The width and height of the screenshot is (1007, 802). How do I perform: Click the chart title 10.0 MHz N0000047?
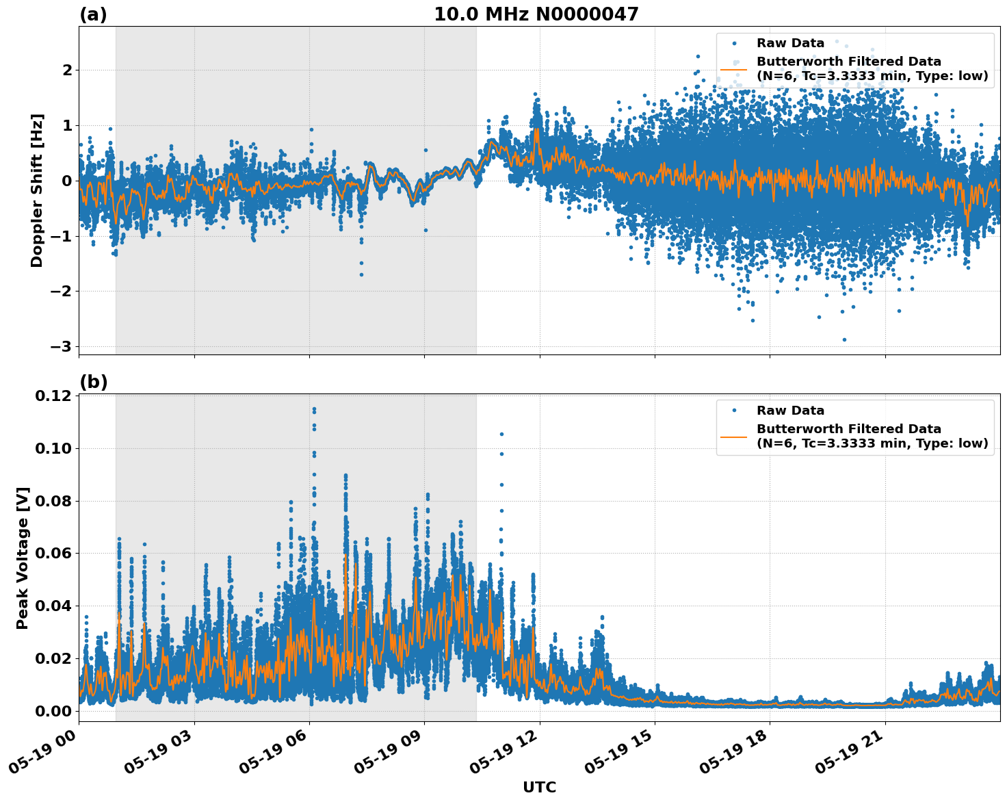tap(536, 14)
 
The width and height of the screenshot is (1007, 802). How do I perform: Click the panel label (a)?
tap(93, 14)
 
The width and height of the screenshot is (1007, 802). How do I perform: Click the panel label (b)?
tap(93, 382)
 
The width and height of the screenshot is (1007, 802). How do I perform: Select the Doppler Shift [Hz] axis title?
tap(37, 190)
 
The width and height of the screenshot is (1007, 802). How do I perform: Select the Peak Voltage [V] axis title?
tap(23, 558)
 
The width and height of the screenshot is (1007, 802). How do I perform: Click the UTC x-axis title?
tap(539, 787)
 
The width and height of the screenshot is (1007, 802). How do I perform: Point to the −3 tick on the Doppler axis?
tap(61, 346)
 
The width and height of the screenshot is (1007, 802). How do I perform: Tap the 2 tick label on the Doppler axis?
tap(67, 70)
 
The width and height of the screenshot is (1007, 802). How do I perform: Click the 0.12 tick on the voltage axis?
tap(53, 396)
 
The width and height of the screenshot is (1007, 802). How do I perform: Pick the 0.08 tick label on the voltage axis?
tap(53, 501)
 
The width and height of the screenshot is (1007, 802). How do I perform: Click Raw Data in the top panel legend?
tap(790, 43)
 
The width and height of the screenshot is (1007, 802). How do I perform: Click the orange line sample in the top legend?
tap(733, 69)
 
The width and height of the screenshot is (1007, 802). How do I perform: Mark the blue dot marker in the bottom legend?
tap(733, 411)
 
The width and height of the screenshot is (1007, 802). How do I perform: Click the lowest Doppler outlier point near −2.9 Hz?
tap(844, 339)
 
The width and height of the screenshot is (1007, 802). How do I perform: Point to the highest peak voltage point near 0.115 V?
tap(314, 409)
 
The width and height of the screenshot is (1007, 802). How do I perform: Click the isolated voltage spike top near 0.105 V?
tap(501, 434)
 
